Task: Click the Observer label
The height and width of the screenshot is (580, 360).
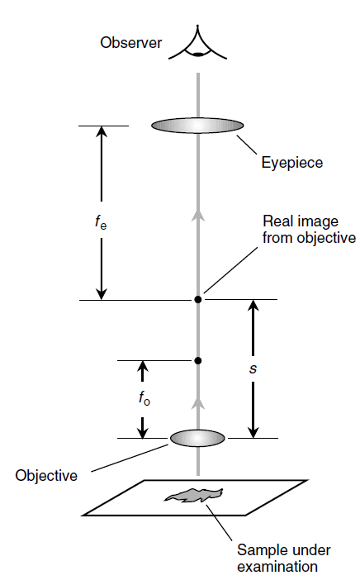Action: tap(130, 42)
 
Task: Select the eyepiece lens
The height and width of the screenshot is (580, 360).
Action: tap(197, 126)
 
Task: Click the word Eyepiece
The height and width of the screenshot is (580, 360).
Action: tap(292, 163)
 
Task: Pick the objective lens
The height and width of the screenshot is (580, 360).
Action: tap(197, 438)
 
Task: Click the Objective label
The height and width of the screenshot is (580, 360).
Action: tap(46, 475)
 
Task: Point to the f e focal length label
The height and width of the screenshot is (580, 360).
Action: tap(101, 221)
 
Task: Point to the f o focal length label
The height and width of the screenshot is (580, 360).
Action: tap(144, 398)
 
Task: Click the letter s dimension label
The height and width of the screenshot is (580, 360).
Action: tap(253, 368)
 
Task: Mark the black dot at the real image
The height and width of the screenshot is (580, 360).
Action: tap(198, 299)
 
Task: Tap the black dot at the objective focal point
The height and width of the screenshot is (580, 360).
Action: tap(198, 361)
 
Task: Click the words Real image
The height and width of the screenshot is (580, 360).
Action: tap(301, 221)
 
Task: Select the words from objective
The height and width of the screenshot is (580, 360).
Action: tap(309, 237)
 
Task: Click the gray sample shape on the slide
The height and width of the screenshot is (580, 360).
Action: tap(194, 495)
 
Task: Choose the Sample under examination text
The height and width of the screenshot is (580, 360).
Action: tap(284, 559)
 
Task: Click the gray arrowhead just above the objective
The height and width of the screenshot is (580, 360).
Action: tap(198, 403)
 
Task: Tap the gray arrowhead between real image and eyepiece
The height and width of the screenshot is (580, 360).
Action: tap(198, 216)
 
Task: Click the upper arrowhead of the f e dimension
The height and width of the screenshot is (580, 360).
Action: tap(102, 132)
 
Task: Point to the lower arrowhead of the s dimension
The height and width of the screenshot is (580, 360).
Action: tap(253, 431)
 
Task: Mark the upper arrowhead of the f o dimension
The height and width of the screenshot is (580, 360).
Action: tap(143, 367)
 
